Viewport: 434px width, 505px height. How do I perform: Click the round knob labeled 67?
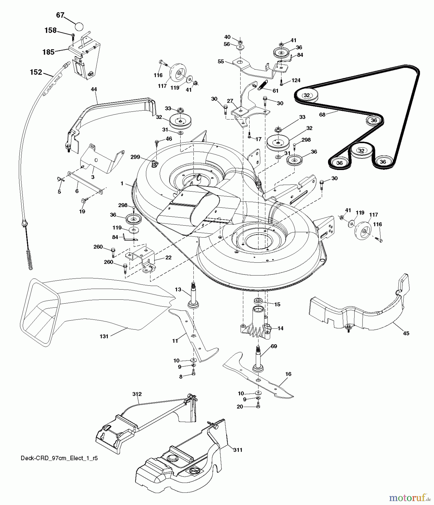(79, 26)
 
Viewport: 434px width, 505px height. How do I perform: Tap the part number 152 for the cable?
(36, 72)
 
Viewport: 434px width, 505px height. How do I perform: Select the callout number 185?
(48, 52)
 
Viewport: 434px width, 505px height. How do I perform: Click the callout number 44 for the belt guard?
(94, 89)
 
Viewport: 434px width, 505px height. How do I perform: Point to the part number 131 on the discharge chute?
(104, 336)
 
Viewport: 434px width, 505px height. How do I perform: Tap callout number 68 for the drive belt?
(322, 114)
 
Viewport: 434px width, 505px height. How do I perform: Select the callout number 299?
(135, 157)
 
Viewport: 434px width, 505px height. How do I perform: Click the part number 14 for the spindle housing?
(280, 328)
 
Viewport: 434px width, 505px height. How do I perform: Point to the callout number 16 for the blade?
(288, 374)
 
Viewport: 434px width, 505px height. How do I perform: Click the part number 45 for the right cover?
(406, 333)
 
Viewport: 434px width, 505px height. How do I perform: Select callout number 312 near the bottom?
(137, 394)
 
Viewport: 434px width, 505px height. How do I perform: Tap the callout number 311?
(237, 450)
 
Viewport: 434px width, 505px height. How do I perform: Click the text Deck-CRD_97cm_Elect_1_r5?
(59, 458)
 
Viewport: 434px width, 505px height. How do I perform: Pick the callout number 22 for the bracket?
(168, 258)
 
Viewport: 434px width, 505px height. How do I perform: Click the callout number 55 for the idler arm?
(221, 61)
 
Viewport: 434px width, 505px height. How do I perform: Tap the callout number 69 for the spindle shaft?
(274, 346)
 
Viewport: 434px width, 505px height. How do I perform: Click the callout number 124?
(296, 81)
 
